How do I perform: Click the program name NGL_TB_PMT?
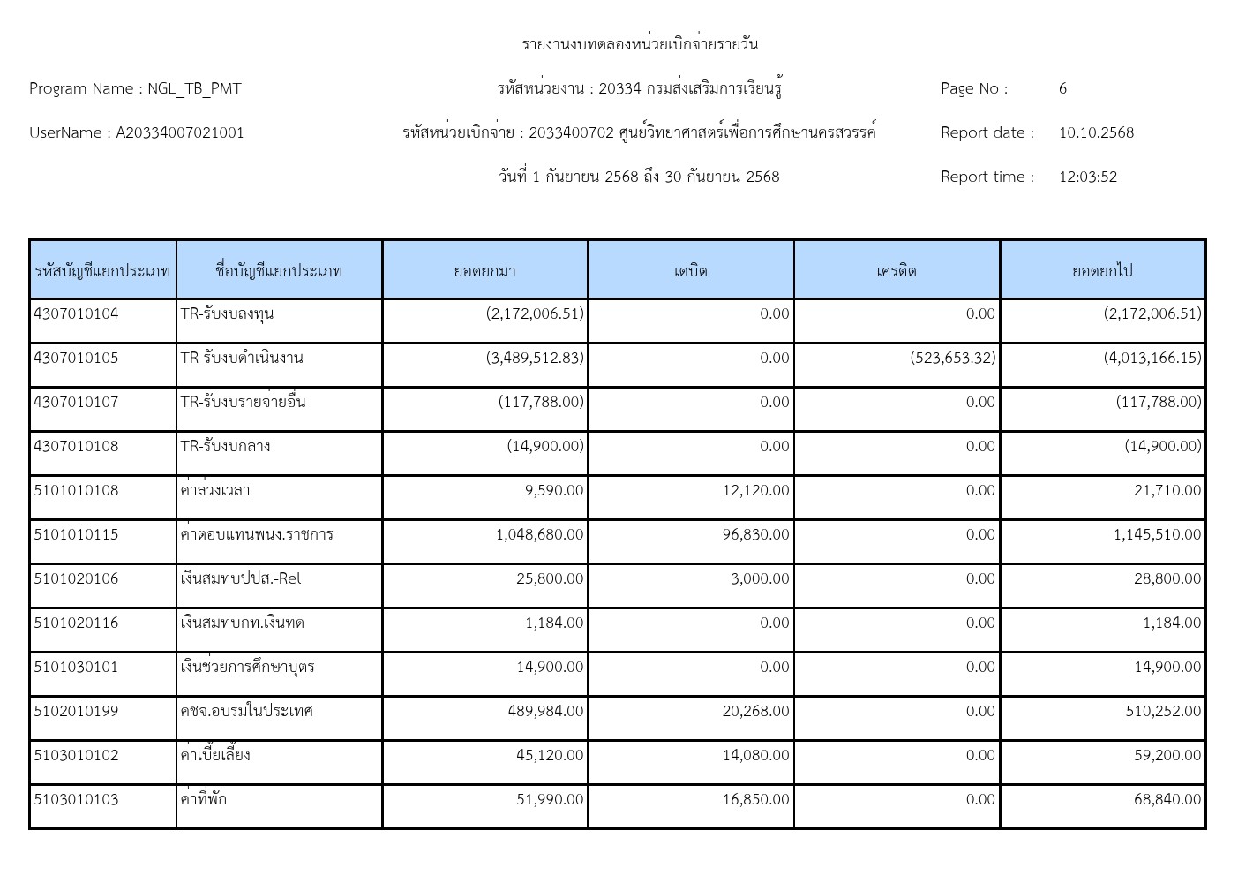coord(194,88)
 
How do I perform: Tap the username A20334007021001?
coord(180,132)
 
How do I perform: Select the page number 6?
coord(1062,88)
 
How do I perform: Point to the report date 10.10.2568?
coord(1096,132)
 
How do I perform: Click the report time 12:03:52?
coord(1087,177)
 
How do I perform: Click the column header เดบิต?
coord(691,270)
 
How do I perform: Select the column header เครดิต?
coord(897,270)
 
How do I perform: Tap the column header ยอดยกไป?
coord(1102,270)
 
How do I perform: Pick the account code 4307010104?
coord(76,313)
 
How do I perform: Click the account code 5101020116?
coord(76,623)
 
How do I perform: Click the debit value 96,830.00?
coord(755,534)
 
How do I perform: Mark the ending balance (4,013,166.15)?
coord(1152,358)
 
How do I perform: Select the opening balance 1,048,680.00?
coord(539,534)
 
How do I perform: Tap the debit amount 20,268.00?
coord(755,711)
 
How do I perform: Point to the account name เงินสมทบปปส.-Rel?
coord(240,578)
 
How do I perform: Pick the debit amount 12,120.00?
coord(755,490)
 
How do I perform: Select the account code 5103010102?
coord(76,755)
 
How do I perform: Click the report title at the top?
coord(639,44)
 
